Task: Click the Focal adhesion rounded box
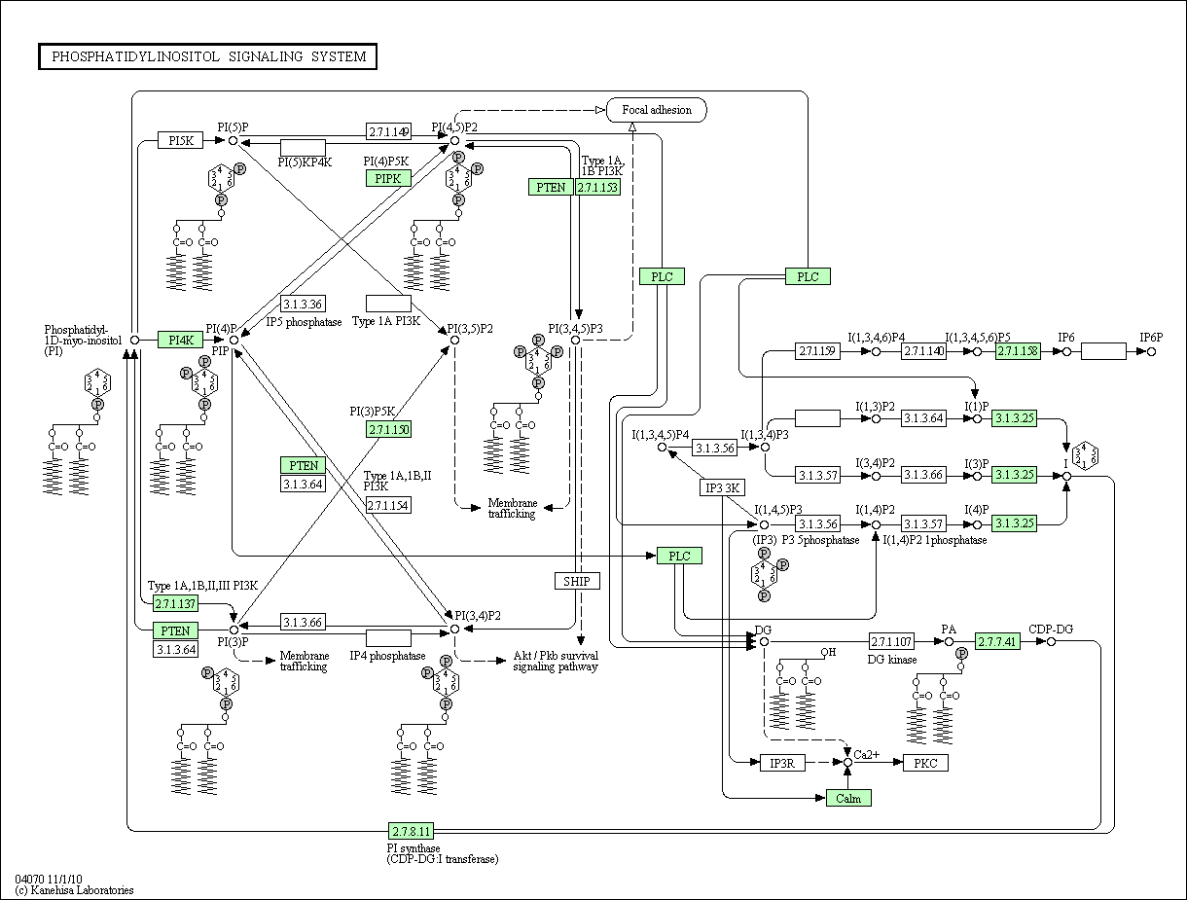pyautogui.click(x=657, y=110)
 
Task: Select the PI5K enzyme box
pyautogui.click(x=181, y=140)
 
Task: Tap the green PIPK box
pyautogui.click(x=388, y=178)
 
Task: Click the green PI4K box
pyautogui.click(x=181, y=340)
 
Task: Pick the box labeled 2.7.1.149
pyautogui.click(x=388, y=131)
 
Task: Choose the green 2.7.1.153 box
pyautogui.click(x=597, y=187)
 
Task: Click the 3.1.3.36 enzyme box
pyautogui.click(x=303, y=304)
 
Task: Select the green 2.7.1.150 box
pyautogui.click(x=388, y=430)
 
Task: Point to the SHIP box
pyautogui.click(x=577, y=581)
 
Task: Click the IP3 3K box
pyautogui.click(x=722, y=487)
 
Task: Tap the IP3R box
pyautogui.click(x=782, y=763)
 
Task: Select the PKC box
pyautogui.click(x=925, y=763)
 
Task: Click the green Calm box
pyautogui.click(x=848, y=798)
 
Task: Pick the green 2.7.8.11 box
pyautogui.click(x=411, y=831)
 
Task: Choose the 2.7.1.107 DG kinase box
pyautogui.click(x=891, y=641)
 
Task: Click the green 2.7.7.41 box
pyautogui.click(x=997, y=641)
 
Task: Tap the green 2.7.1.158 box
pyautogui.click(x=1018, y=351)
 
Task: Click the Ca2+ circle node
pyautogui.click(x=848, y=762)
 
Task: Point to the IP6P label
pyautogui.click(x=1151, y=338)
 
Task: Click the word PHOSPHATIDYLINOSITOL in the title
pyautogui.click(x=136, y=56)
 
